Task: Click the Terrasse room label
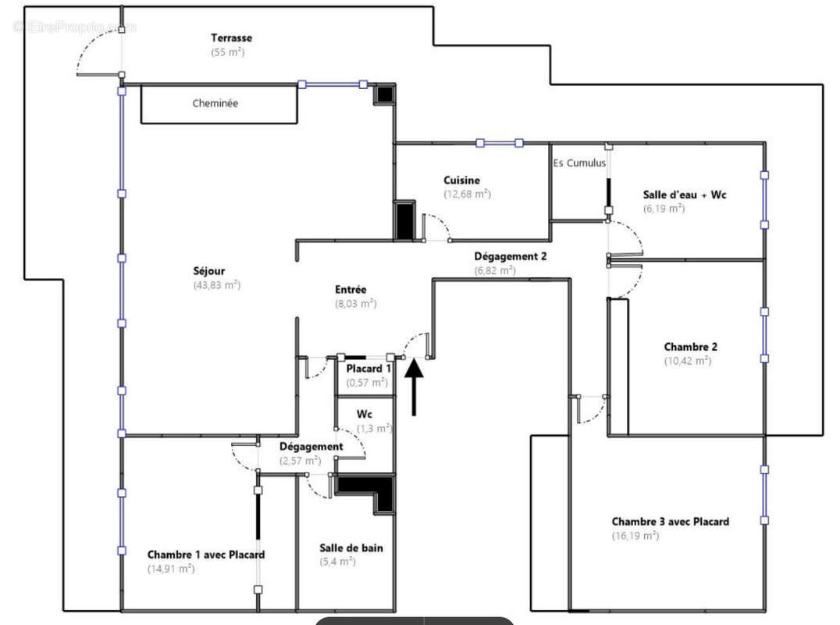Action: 231,37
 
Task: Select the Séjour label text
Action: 209,271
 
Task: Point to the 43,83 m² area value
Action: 217,285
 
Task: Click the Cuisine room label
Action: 461,180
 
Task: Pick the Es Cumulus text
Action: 579,163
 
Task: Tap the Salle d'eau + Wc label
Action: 684,195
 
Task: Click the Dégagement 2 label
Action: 511,256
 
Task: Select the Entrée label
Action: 351,290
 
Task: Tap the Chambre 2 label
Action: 690,347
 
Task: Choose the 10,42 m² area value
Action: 687,361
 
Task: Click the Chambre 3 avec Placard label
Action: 670,522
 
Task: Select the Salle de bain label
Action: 351,548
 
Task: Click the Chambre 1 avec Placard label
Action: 206,555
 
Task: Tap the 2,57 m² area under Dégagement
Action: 301,460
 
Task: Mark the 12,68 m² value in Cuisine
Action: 467,194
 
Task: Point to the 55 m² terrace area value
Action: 227,52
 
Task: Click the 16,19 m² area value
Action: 635,536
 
